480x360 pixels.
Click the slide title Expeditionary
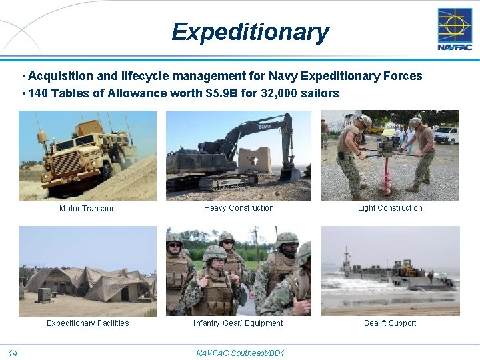click(x=250, y=32)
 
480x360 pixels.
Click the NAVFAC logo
click(x=454, y=29)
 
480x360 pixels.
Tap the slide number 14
click(x=13, y=352)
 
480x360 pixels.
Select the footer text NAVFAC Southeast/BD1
click(x=240, y=352)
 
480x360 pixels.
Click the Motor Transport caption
click(x=87, y=209)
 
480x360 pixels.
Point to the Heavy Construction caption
click(x=239, y=208)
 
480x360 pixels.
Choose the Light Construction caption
click(x=390, y=208)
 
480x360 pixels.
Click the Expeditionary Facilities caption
click(x=87, y=323)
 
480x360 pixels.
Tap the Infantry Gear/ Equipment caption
click(x=238, y=323)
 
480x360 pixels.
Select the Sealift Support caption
click(x=390, y=323)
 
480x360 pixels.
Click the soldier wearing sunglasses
click(x=175, y=263)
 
